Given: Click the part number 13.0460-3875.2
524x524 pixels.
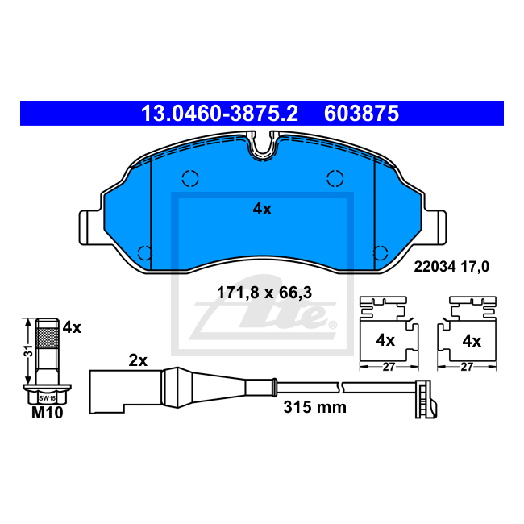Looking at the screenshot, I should coord(219,114).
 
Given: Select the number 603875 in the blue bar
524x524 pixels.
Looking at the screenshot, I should coord(361,114).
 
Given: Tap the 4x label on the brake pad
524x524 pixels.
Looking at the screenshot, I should coord(262,209).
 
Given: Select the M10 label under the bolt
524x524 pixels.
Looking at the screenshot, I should coord(47,414).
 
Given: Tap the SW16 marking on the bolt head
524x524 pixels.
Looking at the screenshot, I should coord(47,398).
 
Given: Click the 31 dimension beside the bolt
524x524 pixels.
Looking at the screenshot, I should coord(27,351).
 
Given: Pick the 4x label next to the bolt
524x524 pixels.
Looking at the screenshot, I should coord(73,327).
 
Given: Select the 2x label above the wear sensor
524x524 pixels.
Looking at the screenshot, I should coord(138,361).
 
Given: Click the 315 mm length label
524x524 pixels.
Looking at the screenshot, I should coord(314,407).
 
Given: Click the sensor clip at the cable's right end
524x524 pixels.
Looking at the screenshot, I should coord(422,397).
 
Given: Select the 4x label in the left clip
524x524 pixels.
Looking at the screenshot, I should coord(385,341).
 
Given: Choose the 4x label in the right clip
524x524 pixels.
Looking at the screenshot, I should coord(471,341).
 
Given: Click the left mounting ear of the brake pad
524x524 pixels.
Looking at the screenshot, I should coord(90,227).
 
